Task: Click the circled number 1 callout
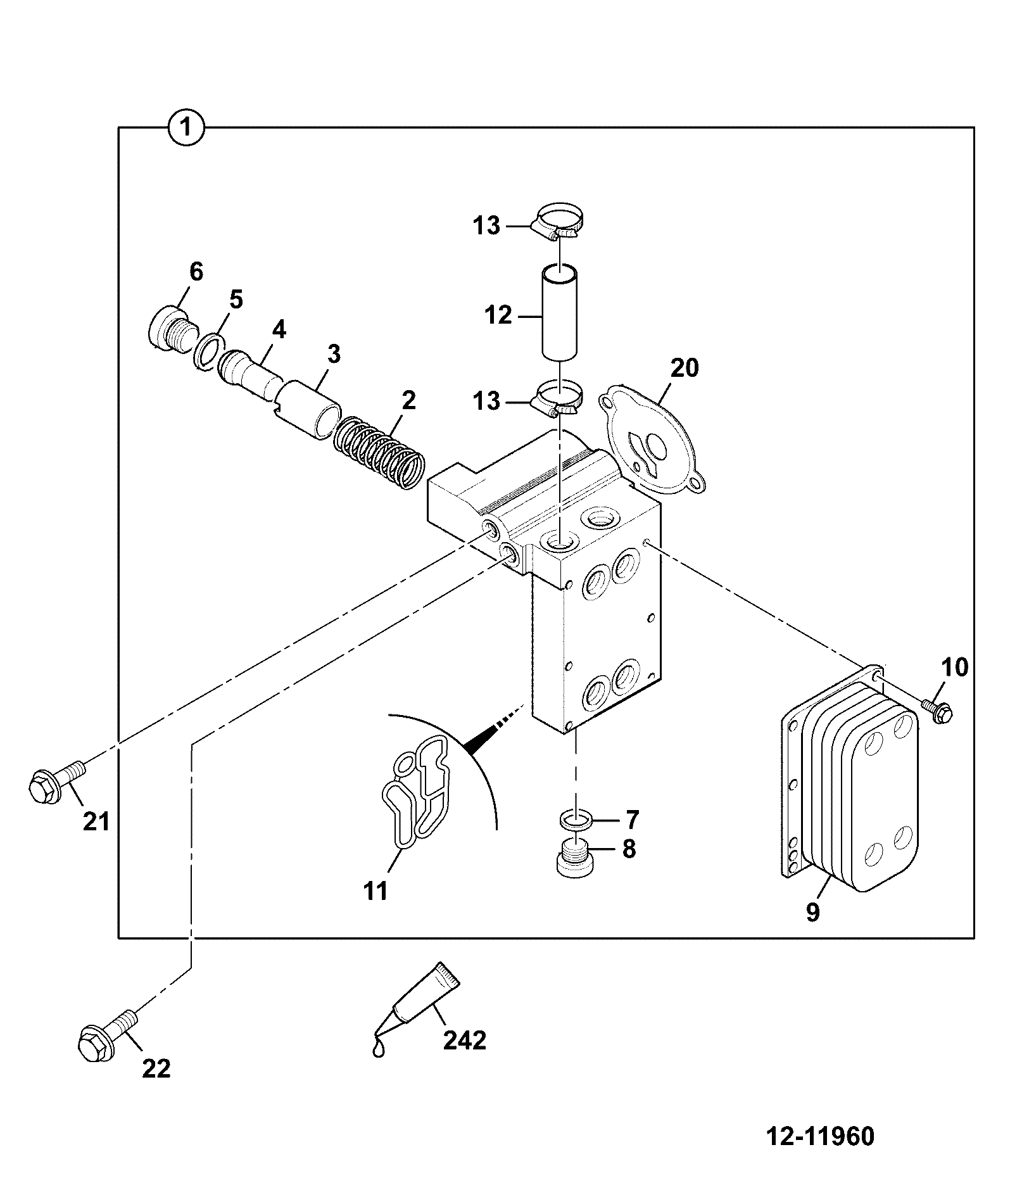(186, 128)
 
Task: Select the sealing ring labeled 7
(576, 821)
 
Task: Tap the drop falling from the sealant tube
(378, 1048)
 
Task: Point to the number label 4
(279, 329)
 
